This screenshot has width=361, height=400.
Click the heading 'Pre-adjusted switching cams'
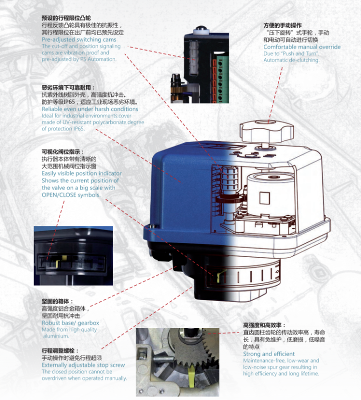79,39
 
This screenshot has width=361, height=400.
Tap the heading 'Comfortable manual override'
302,47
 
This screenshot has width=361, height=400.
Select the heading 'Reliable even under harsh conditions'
90,109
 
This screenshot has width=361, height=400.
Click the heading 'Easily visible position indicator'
82,173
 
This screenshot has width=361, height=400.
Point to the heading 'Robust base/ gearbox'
70,323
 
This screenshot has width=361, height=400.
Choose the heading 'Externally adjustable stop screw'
83,365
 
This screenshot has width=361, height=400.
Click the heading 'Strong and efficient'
269,354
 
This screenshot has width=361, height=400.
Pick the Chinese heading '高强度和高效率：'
265,325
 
